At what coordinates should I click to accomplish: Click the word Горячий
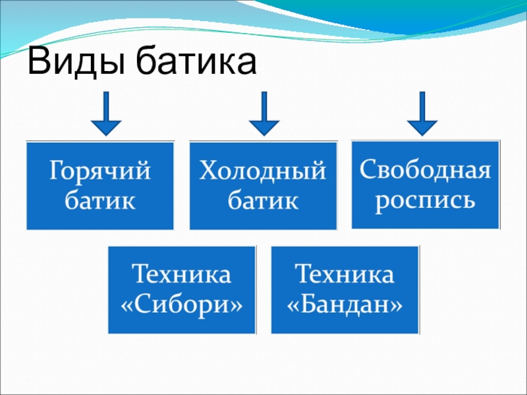[100, 173]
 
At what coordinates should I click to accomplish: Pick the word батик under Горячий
[100, 200]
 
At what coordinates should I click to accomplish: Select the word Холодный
[263, 173]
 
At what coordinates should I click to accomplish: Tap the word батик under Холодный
[263, 200]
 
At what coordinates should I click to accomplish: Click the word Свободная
[425, 171]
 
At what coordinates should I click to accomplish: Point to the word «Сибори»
[182, 305]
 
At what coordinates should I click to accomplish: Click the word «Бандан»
[345, 305]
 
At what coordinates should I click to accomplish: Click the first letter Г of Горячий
[56, 172]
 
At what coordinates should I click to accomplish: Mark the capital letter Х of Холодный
[208, 172]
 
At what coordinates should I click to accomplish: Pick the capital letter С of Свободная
[366, 171]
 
